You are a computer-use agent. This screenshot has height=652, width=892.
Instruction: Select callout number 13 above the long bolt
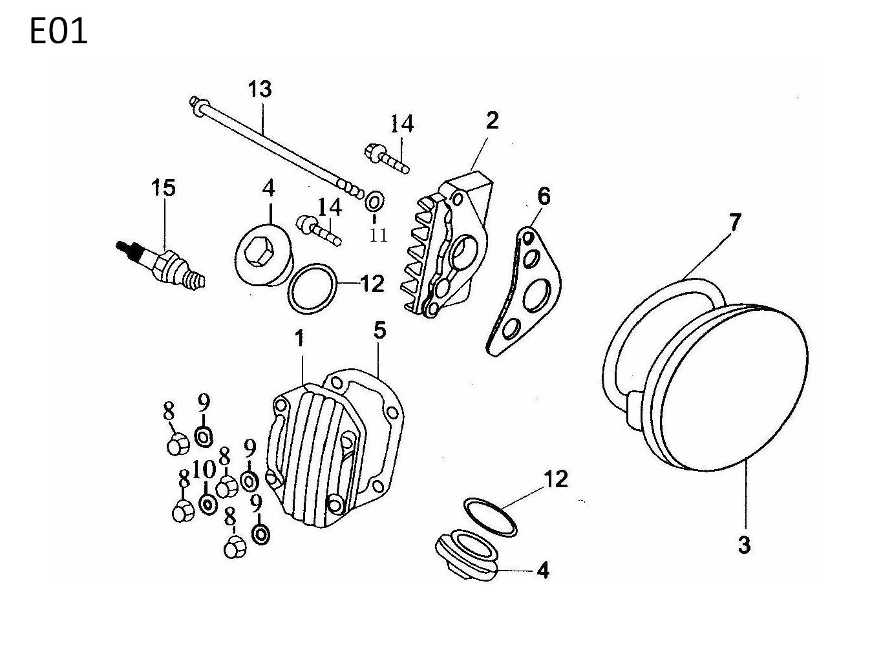[260, 89]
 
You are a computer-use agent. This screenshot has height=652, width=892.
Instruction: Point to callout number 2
[492, 120]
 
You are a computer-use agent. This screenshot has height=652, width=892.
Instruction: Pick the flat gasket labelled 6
[525, 291]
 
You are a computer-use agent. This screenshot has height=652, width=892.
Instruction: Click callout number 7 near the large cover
[735, 222]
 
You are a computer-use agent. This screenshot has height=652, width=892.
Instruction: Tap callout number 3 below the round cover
[745, 544]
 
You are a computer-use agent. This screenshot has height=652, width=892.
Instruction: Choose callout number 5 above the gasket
[379, 330]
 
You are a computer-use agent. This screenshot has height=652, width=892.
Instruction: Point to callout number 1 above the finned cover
[299, 339]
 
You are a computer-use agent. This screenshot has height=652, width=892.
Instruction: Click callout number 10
[204, 470]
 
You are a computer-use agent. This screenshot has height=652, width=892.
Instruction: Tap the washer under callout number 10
[208, 504]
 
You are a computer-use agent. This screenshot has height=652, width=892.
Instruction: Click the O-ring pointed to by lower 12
[490, 517]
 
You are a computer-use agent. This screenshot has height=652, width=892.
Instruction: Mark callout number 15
[164, 188]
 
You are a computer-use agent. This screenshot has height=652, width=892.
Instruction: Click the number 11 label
[378, 235]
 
